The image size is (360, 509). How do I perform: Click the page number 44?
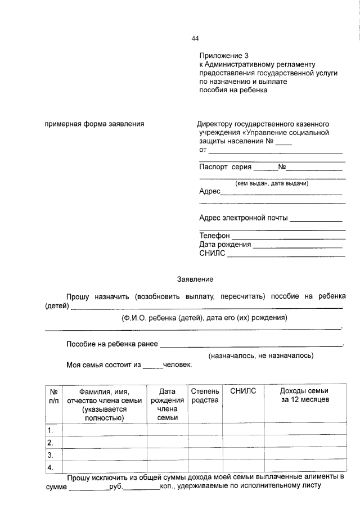pos(195,38)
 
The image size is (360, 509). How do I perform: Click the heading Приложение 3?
pos(223,56)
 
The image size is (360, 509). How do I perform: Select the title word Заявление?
pos(195,279)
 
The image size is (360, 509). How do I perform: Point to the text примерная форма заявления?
pos(94,124)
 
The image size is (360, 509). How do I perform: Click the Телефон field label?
pos(214,236)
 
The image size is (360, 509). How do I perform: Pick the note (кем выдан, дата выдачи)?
pos(272,183)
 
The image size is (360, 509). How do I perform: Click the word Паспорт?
pos(214,167)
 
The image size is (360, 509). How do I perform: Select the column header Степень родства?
pos(205,395)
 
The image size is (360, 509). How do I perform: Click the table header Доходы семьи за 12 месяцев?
pos(304,395)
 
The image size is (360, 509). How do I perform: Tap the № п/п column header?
pos(54,395)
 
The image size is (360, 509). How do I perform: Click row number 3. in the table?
pos(51,454)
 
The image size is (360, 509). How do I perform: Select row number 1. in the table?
pos(51,430)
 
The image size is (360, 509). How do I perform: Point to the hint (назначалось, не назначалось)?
pos(261,355)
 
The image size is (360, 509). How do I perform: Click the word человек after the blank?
pos(177,364)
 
